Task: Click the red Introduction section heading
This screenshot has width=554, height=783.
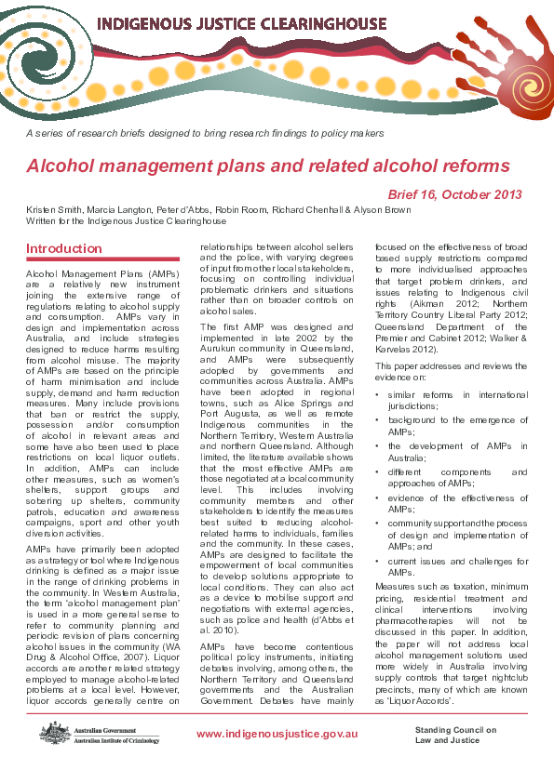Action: click(x=64, y=249)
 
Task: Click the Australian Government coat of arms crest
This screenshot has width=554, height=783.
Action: click(x=52, y=733)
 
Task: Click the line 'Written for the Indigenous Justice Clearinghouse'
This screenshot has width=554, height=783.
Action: click(x=126, y=222)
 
